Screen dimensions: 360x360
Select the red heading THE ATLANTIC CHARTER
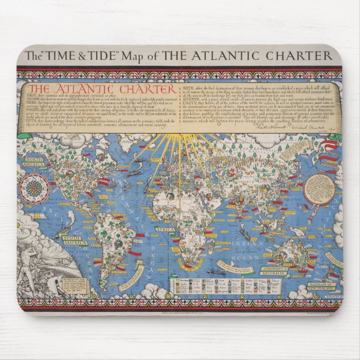coord(101,89)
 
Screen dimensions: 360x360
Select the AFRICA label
coord(165,229)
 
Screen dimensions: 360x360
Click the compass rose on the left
coord(35,188)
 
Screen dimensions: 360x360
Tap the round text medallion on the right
coord(319,190)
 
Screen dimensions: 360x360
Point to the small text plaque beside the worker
coord(75,286)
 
